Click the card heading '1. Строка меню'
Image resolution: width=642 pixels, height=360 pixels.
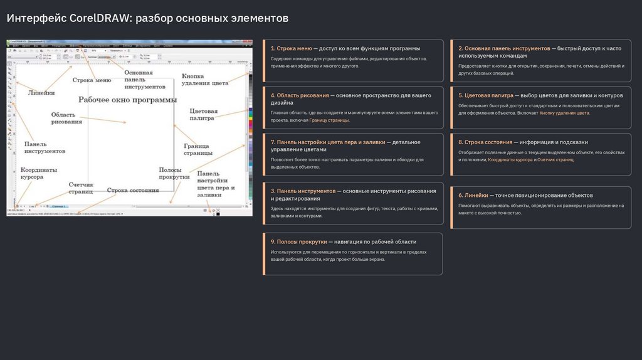pos(292,48)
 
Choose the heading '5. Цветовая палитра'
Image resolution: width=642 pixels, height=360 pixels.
pos(486,95)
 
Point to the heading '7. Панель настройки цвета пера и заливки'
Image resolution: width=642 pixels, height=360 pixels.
pos(327,142)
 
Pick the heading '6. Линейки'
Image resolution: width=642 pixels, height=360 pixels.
pos(473,195)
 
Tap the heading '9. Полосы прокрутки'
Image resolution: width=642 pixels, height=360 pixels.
pos(298,241)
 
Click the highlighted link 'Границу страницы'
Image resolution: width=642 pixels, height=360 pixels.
pos(329,120)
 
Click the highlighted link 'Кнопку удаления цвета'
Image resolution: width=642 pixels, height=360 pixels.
pos(564,114)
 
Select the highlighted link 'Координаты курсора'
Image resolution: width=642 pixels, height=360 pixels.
pos(510,160)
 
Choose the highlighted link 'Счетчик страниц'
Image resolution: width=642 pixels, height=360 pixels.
pos(555,160)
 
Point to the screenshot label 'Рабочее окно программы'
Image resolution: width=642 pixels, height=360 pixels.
pos(127,100)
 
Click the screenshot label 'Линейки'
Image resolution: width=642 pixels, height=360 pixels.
pos(41,93)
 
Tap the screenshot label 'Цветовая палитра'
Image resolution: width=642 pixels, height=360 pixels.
pos(203,114)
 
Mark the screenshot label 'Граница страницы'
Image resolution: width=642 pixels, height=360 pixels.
pos(197,149)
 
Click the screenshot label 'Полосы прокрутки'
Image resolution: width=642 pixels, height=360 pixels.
pos(174,173)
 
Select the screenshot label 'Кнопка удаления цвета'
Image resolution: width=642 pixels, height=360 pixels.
pos(205,80)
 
